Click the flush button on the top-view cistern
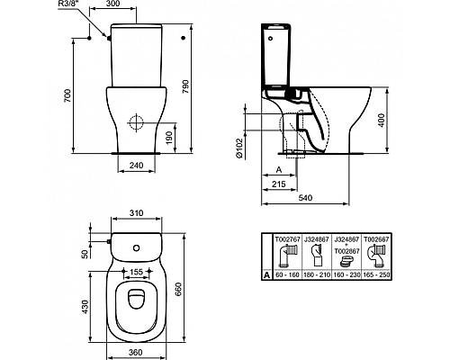pyautogui.click(x=137, y=247)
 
